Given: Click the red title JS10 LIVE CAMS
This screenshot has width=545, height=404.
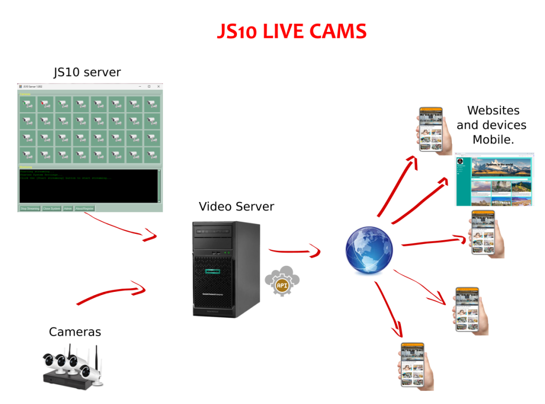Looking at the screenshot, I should (x=292, y=31).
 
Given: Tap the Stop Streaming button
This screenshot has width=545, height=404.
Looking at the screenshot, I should (x=30, y=208).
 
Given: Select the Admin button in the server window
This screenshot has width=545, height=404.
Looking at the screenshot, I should (x=68, y=208).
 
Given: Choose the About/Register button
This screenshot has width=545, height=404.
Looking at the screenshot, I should (x=85, y=208).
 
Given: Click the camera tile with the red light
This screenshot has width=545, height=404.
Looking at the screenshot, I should (x=46, y=103).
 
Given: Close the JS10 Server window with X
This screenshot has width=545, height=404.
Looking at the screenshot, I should (x=158, y=86).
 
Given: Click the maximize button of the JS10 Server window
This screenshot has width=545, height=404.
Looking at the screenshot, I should (x=149, y=86).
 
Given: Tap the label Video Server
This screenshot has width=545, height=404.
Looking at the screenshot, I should (x=236, y=206).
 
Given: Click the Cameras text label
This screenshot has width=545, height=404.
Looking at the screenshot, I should (x=75, y=332).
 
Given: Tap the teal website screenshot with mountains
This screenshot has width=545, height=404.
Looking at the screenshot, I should (x=494, y=181).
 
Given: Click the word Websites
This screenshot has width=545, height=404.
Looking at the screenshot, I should (x=493, y=111).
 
